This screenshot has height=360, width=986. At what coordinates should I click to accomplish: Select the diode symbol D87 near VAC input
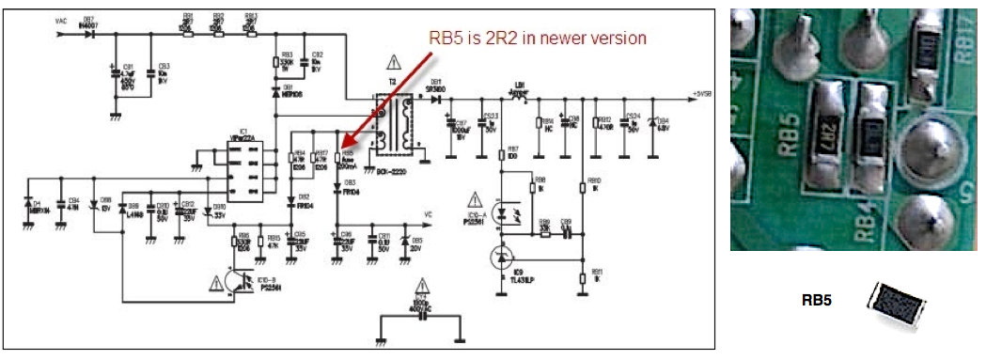point(90,35)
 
